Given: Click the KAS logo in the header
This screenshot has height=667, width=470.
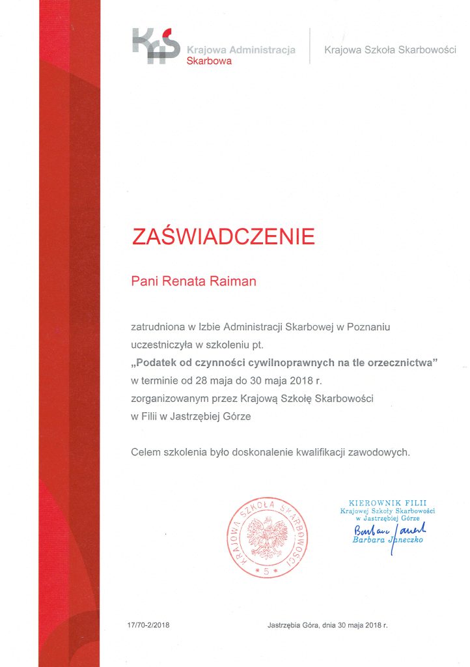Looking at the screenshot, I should coord(156,46).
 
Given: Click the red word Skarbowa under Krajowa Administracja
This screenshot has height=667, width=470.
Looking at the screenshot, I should coord(209,61).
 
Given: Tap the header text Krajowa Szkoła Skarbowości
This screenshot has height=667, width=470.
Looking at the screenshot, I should coord(390,50).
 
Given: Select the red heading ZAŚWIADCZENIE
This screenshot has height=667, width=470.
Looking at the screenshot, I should coord(223,236).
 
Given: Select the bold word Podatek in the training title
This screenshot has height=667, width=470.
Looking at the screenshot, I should coord(157,362).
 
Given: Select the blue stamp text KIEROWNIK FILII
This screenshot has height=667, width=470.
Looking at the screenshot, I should coord(387,502).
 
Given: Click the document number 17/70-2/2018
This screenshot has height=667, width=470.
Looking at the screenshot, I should coord(148,625).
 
